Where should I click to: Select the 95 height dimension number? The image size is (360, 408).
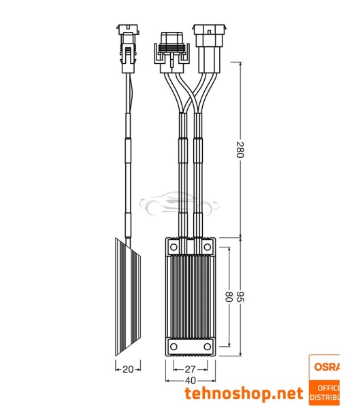pyautogui.click(x=240, y=297)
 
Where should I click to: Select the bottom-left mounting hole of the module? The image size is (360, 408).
pyautogui.click(x=174, y=347)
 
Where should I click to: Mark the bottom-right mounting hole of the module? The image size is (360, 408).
pyautogui.click(x=207, y=347)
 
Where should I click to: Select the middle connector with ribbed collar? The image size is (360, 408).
pyautogui.click(x=169, y=48)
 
